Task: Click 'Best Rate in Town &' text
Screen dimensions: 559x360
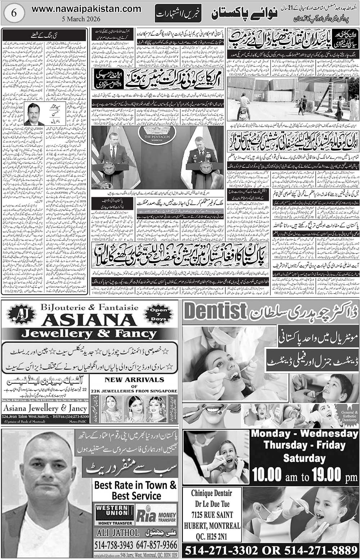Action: pyautogui.click(x=135, y=485)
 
